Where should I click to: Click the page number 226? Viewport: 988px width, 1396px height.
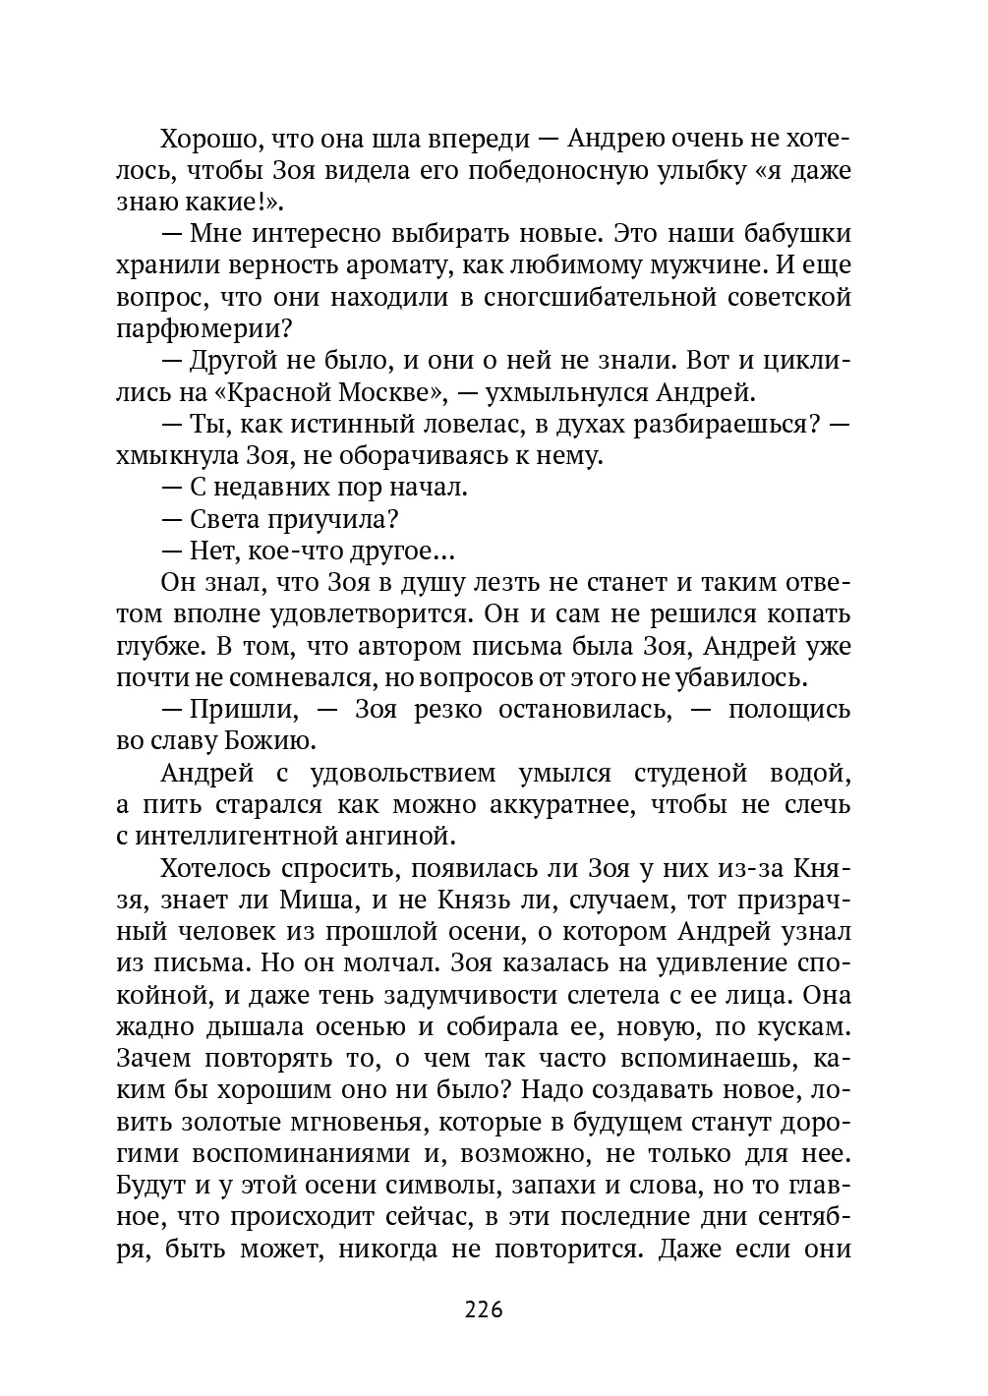pyautogui.click(x=483, y=1310)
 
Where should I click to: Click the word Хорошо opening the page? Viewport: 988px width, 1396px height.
pyautogui.click(x=207, y=138)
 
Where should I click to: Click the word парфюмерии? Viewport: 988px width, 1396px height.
pyautogui.click(x=203, y=329)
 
